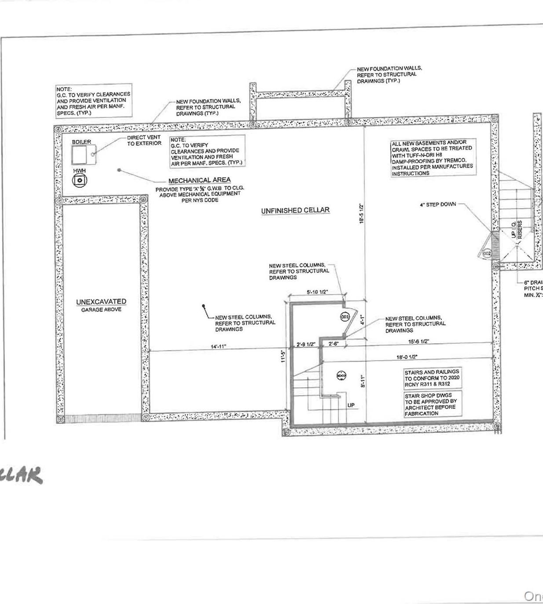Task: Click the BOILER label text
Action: pyautogui.click(x=81, y=142)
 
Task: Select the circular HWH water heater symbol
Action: pyautogui.click(x=80, y=180)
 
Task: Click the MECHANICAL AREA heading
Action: pyautogui.click(x=199, y=180)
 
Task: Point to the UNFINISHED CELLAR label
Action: pyautogui.click(x=295, y=210)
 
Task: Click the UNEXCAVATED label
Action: pyautogui.click(x=101, y=302)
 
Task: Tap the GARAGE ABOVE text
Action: pyautogui.click(x=101, y=310)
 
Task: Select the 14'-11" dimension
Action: pyautogui.click(x=218, y=347)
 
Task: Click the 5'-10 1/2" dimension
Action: pyautogui.click(x=317, y=292)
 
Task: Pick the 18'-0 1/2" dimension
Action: pyautogui.click(x=407, y=357)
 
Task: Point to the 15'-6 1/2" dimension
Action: pyautogui.click(x=418, y=341)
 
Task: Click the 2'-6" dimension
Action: pyautogui.click(x=333, y=344)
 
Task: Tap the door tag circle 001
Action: pyautogui.click(x=345, y=317)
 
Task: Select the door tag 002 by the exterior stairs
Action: pyautogui.click(x=487, y=254)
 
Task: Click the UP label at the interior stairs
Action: pyautogui.click(x=351, y=405)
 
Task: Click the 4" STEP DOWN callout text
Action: pyautogui.click(x=438, y=205)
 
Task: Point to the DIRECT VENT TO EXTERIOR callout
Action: pyautogui.click(x=144, y=140)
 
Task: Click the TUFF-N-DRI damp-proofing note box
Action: pyautogui.click(x=433, y=158)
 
